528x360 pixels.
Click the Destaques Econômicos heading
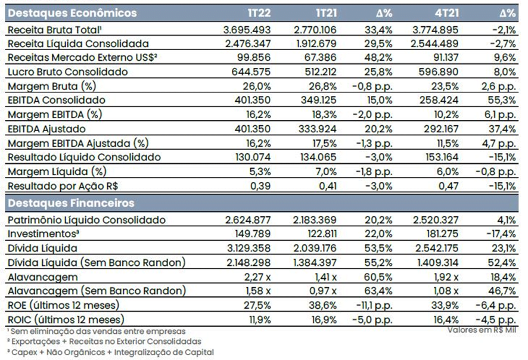pyautogui.click(x=72, y=13)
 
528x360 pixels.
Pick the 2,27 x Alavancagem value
pyautogui.click(x=258, y=277)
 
